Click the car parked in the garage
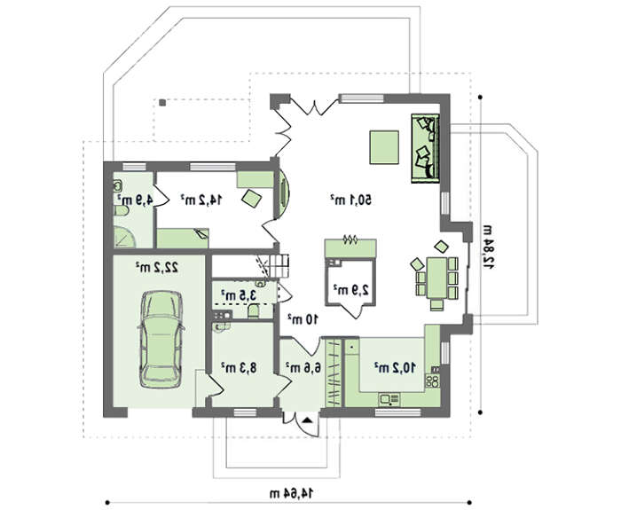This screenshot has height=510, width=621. pyautogui.click(x=161, y=340)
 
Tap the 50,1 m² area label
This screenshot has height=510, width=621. pyautogui.click(x=351, y=200)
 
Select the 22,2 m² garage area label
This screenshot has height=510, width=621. pyautogui.click(x=157, y=267)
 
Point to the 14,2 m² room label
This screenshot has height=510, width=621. pyautogui.click(x=200, y=200)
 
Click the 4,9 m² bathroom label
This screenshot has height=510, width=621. pyautogui.click(x=135, y=200)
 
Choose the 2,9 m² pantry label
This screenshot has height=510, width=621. pyautogui.click(x=351, y=289)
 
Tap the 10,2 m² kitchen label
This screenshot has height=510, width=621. pyautogui.click(x=395, y=367)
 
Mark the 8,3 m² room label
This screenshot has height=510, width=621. pyautogui.click(x=239, y=367)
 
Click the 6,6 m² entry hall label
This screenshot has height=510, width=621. pyautogui.click(x=303, y=367)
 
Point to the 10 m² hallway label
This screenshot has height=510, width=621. pyautogui.click(x=303, y=319)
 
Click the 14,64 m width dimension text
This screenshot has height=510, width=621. pyautogui.click(x=291, y=493)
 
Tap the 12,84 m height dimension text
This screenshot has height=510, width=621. pyautogui.click(x=488, y=247)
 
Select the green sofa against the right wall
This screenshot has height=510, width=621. pyautogui.click(x=425, y=148)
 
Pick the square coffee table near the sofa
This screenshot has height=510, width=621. pyautogui.click(x=384, y=147)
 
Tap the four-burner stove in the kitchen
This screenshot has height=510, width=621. pyautogui.click(x=433, y=381)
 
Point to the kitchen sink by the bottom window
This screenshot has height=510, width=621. pyautogui.click(x=389, y=399)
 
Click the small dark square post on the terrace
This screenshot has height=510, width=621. pyautogui.click(x=162, y=103)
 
